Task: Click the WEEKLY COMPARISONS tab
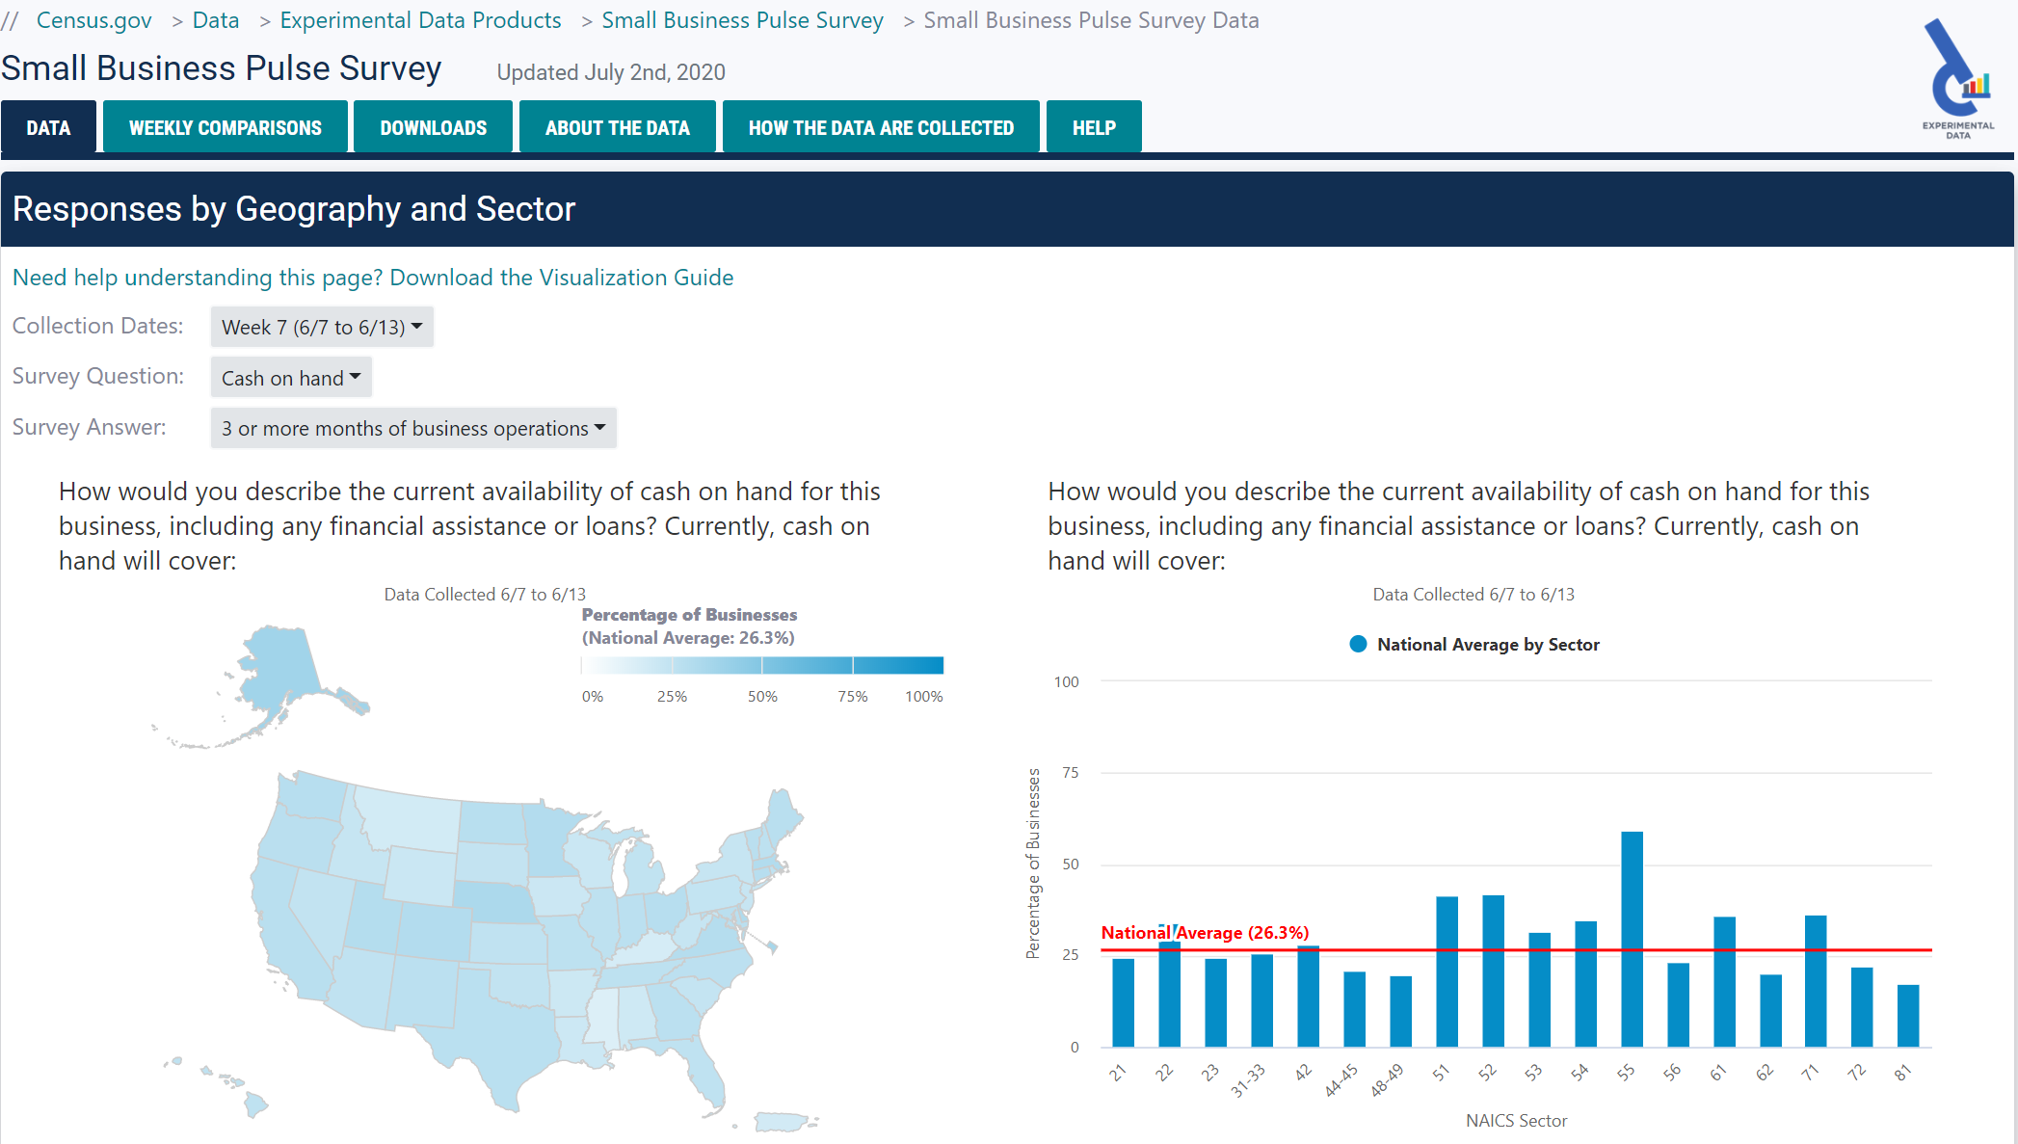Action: (225, 127)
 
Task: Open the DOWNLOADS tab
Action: (433, 127)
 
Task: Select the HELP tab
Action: (1094, 127)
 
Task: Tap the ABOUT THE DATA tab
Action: (617, 127)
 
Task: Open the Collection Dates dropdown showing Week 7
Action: (322, 328)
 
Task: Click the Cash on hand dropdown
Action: (291, 378)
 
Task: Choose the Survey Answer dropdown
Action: (413, 429)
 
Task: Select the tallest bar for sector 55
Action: (1632, 939)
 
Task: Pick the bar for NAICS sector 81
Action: (1908, 1016)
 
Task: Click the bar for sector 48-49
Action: (1400, 1011)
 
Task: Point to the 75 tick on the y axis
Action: (1070, 773)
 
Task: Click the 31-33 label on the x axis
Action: (1248, 1081)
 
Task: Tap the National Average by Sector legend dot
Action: (1358, 645)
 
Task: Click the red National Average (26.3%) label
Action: (1205, 933)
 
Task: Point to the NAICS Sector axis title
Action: (1516, 1121)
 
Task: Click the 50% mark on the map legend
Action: (762, 697)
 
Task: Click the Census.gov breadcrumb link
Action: (93, 20)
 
